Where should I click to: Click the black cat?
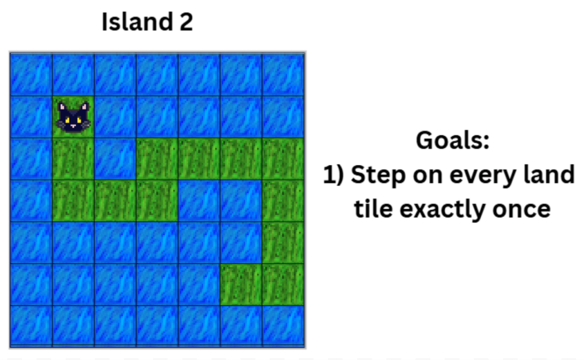coord(73,117)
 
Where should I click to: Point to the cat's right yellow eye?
coord(79,120)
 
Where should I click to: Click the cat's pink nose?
coord(73,125)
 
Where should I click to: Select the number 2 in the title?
coord(186,22)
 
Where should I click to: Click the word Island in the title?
coord(137,22)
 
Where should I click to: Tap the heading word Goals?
coord(453,141)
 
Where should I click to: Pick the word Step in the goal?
coord(378,175)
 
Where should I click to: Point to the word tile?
coord(373,208)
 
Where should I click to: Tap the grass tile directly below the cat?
coord(73,159)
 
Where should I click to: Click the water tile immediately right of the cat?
coord(115,117)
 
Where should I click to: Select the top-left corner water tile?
coord(31,75)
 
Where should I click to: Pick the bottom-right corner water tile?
coord(283,326)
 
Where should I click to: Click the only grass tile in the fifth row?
coord(283,243)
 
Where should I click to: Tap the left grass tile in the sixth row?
coord(241,284)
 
